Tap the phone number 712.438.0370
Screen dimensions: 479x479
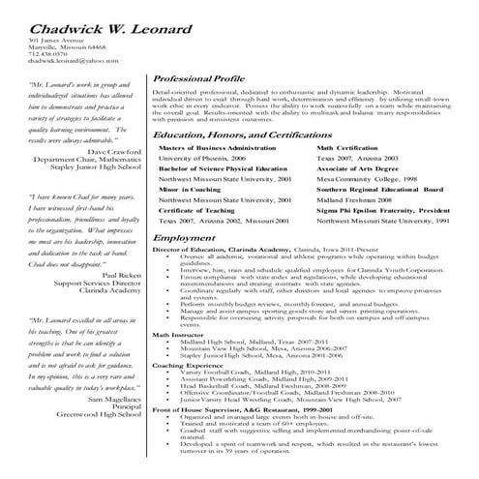pyautogui.click(x=46, y=53)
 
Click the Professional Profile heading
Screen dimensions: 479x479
pyautogui.click(x=202, y=76)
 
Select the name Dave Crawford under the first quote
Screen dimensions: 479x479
pyautogui.click(x=114, y=152)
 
